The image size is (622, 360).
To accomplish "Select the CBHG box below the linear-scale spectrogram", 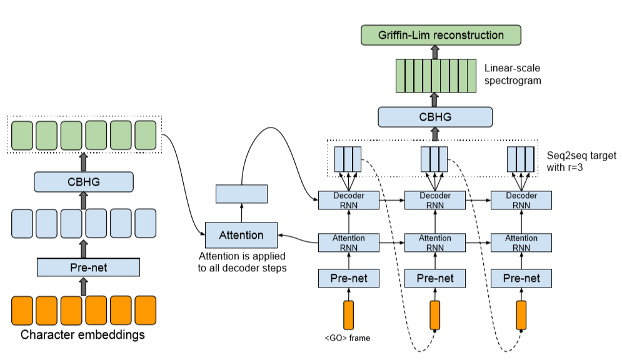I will point(435,117).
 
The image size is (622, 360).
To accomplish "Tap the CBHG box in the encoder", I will point(84,182).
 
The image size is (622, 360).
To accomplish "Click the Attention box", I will point(241,236).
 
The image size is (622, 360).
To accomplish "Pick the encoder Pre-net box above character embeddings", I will point(88,268).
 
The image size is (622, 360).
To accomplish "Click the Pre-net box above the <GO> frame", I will point(349,278).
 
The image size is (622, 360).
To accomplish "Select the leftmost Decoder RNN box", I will point(349,200).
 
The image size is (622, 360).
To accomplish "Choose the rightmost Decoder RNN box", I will point(521,200).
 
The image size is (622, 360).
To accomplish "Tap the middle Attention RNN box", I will point(435,242).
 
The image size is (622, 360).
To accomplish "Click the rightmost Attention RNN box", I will point(521,242).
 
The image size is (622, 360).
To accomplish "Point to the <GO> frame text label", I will point(348,338).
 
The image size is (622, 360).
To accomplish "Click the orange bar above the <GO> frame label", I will point(348,315).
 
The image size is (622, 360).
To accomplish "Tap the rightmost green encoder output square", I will point(145,134).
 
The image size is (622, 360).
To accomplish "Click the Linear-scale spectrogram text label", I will point(513,73).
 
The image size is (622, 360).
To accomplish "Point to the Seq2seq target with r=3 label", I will point(573,161).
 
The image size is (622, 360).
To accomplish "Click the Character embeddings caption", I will point(83,335).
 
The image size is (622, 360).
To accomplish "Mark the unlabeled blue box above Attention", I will point(241,194).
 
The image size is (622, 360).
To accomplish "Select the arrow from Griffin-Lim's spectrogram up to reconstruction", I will point(435,51).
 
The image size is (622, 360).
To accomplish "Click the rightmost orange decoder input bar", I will point(521,315).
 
